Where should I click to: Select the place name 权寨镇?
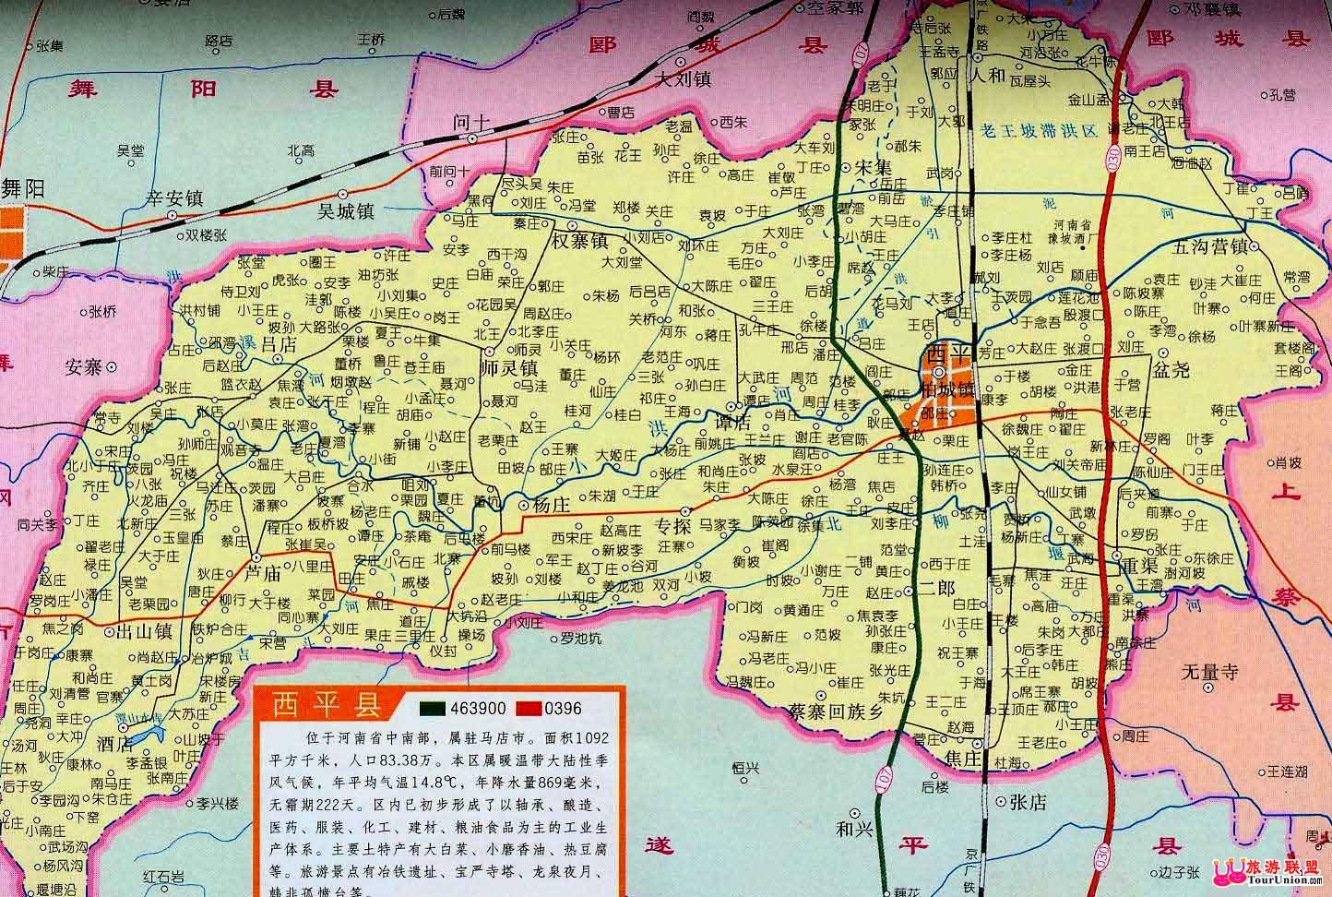pos(580,241)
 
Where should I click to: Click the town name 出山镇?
pos(138,632)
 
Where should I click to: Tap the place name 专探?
pos(673,527)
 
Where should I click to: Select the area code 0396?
pos(564,708)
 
